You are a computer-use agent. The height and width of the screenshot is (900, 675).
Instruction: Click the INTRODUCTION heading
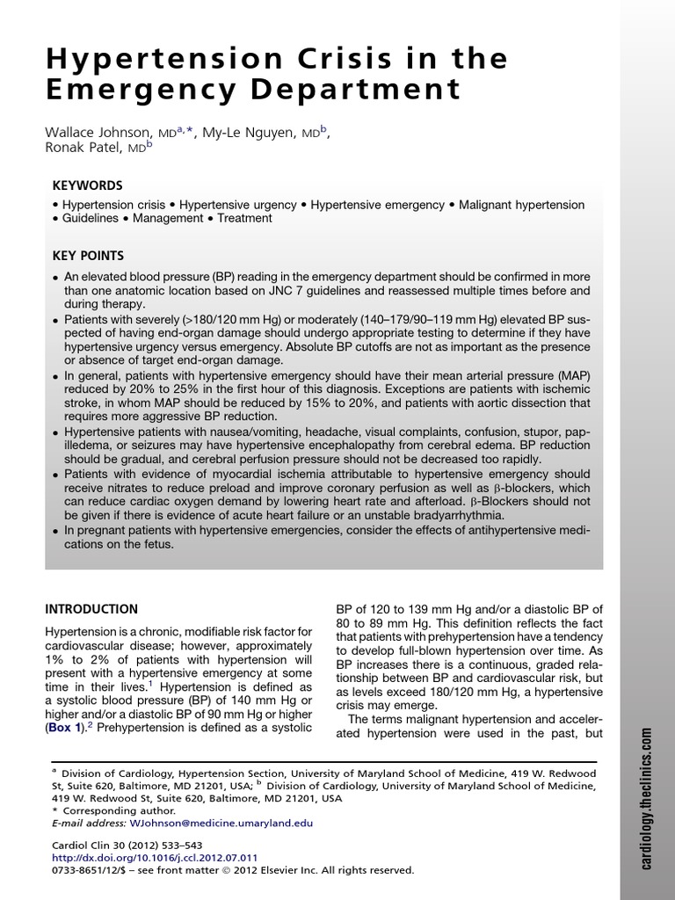pyautogui.click(x=91, y=608)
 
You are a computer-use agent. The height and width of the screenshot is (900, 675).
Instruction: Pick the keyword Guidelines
pyautogui.click(x=89, y=218)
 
